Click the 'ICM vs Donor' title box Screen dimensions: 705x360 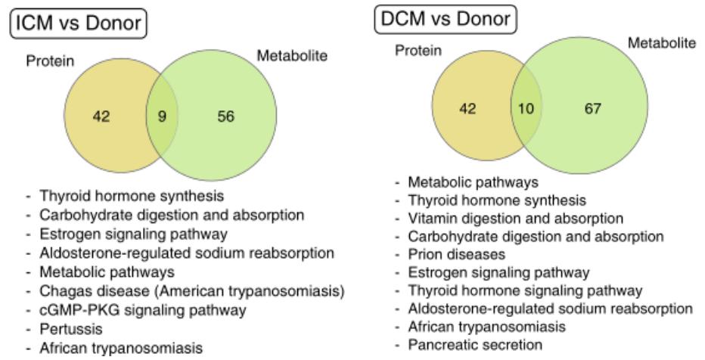coord(78,23)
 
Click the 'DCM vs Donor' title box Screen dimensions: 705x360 coord(445,20)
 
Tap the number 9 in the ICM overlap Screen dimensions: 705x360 coord(162,117)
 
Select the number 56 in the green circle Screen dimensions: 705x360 coord(225,117)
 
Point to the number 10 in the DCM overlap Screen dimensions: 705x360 coord(526,109)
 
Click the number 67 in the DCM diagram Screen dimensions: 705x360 coord(592,109)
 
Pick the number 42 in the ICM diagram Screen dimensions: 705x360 coord(101,117)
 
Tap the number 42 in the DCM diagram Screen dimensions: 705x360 coord(467,109)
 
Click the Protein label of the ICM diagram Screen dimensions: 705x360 coord(50,61)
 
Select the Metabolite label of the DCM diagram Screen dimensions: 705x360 coord(661,42)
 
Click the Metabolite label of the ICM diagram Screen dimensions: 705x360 coord(292,56)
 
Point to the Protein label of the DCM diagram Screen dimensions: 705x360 coord(418,51)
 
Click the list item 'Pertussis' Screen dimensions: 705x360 coord(71,329)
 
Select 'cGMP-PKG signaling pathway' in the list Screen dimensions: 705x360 coord(143,310)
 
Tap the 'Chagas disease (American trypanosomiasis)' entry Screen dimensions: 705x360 coord(192,291)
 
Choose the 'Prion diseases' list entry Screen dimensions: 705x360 coord(456,254)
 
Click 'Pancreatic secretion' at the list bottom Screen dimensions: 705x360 coord(475,345)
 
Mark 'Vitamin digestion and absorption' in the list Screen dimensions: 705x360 coord(515,219)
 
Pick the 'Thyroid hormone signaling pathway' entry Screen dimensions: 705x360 coord(525,290)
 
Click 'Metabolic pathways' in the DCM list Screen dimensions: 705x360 coord(473,182)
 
